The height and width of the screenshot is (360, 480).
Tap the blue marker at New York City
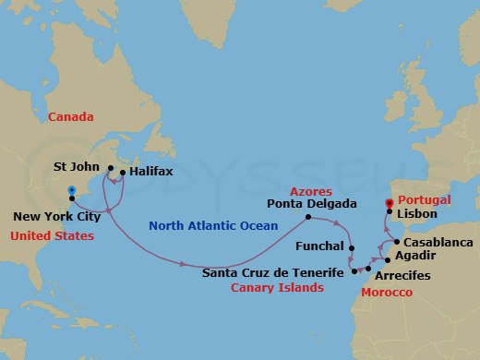tap(71, 192)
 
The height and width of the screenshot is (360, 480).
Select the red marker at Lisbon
tap(390, 203)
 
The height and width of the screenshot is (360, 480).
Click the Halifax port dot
tap(123, 171)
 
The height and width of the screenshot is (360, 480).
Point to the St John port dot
tap(109, 170)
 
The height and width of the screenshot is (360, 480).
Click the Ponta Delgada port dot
tap(307, 218)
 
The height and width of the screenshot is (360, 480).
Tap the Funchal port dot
tap(352, 247)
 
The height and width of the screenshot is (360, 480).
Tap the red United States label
tap(53, 236)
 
